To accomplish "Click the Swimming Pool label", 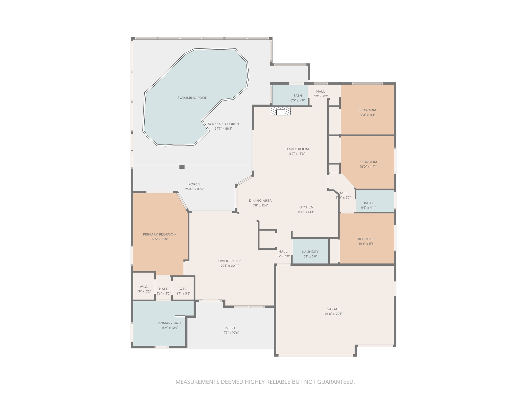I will click(192, 98).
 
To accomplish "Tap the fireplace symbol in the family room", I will click(281, 111).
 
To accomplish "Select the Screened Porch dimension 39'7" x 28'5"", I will click(223, 129).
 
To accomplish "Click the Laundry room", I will click(310, 252).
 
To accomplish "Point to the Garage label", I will click(333, 309).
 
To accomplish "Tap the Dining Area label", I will click(260, 201).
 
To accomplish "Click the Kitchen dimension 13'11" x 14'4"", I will click(306, 212).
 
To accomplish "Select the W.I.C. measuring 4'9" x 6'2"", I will click(144, 289).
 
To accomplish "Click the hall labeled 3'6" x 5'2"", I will click(163, 291).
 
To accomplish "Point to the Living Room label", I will click(229, 261).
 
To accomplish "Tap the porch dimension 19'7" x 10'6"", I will click(230, 333).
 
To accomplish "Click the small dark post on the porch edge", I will click(182, 167).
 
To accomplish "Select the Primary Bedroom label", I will click(160, 235).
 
